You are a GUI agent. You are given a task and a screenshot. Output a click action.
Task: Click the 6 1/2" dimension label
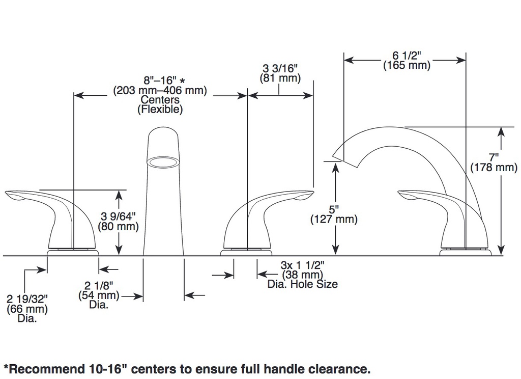coord(407,55)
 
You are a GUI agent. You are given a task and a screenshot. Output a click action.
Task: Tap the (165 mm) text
coord(407,65)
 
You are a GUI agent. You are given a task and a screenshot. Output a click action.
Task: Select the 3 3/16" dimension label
coord(280,68)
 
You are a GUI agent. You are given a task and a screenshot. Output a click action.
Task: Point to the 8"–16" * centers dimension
coord(164,80)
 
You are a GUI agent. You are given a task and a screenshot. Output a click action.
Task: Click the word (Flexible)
coord(160,109)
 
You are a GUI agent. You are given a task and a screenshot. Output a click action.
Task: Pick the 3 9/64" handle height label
coord(118,216)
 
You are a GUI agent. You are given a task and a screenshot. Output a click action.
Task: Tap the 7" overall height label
coord(494,157)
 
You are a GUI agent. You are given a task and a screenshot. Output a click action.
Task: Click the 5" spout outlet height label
coord(334,209)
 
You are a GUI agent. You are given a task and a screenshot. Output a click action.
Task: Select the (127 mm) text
coord(334,219)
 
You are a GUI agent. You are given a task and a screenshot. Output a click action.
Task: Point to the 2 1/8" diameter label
coord(99,285)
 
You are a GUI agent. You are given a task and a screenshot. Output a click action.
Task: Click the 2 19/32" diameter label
coord(27,299)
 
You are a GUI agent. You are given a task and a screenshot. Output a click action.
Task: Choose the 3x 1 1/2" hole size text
coord(302,265)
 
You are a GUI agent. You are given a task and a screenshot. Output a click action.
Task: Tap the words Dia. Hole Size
coord(303,284)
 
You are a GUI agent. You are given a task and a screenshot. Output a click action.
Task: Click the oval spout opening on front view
coord(163,162)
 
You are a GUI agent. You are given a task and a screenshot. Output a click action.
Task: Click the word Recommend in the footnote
coord(46,369)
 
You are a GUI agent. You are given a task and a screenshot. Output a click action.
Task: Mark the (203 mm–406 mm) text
coord(160,90)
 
